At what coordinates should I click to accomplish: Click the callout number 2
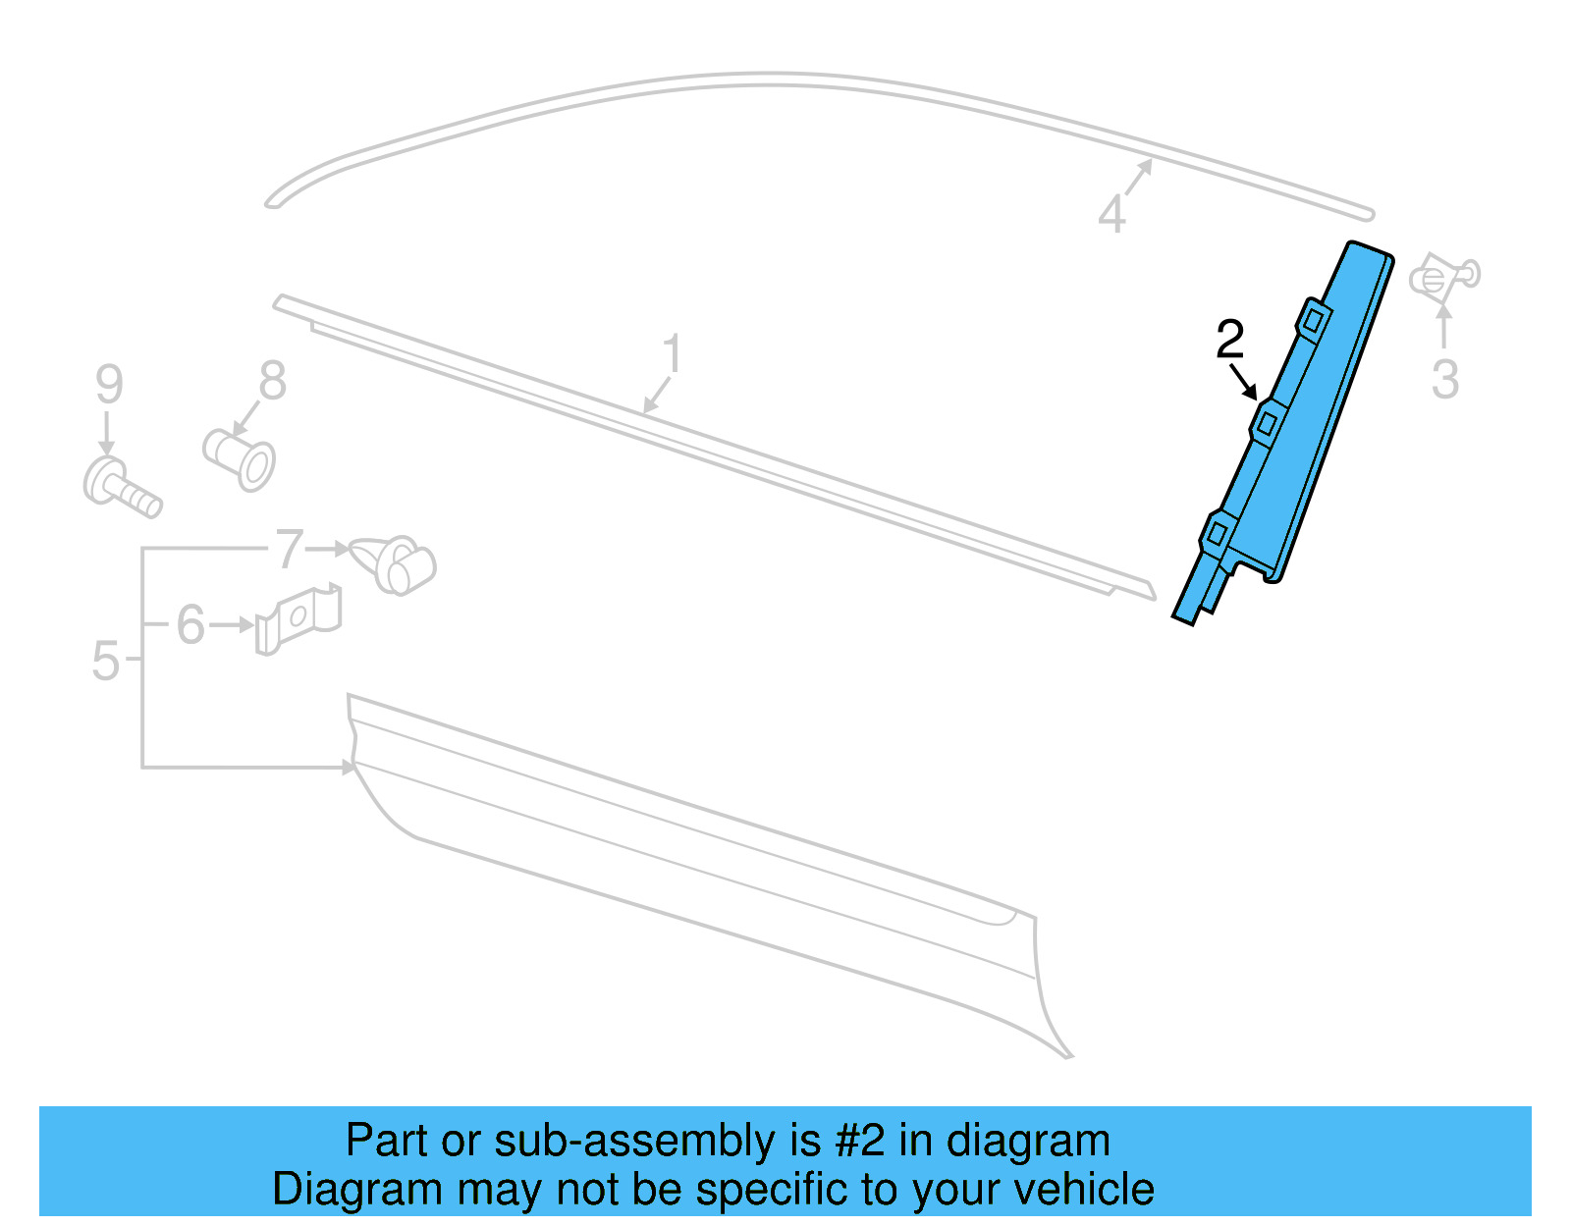pos(1229,340)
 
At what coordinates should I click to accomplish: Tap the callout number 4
pos(1111,215)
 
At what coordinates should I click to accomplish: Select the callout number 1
pos(672,354)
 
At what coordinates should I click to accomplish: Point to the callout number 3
pos(1444,380)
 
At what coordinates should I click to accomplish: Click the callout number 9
pos(109,384)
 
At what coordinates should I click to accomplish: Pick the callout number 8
pos(272,381)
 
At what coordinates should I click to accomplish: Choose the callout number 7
pos(290,550)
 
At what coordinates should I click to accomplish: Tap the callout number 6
pos(190,625)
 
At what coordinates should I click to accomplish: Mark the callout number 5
pos(105,662)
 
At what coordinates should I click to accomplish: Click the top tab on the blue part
pos(1313,318)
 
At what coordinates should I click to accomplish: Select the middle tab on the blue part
pos(1267,422)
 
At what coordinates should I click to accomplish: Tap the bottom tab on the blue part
pos(1217,533)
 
